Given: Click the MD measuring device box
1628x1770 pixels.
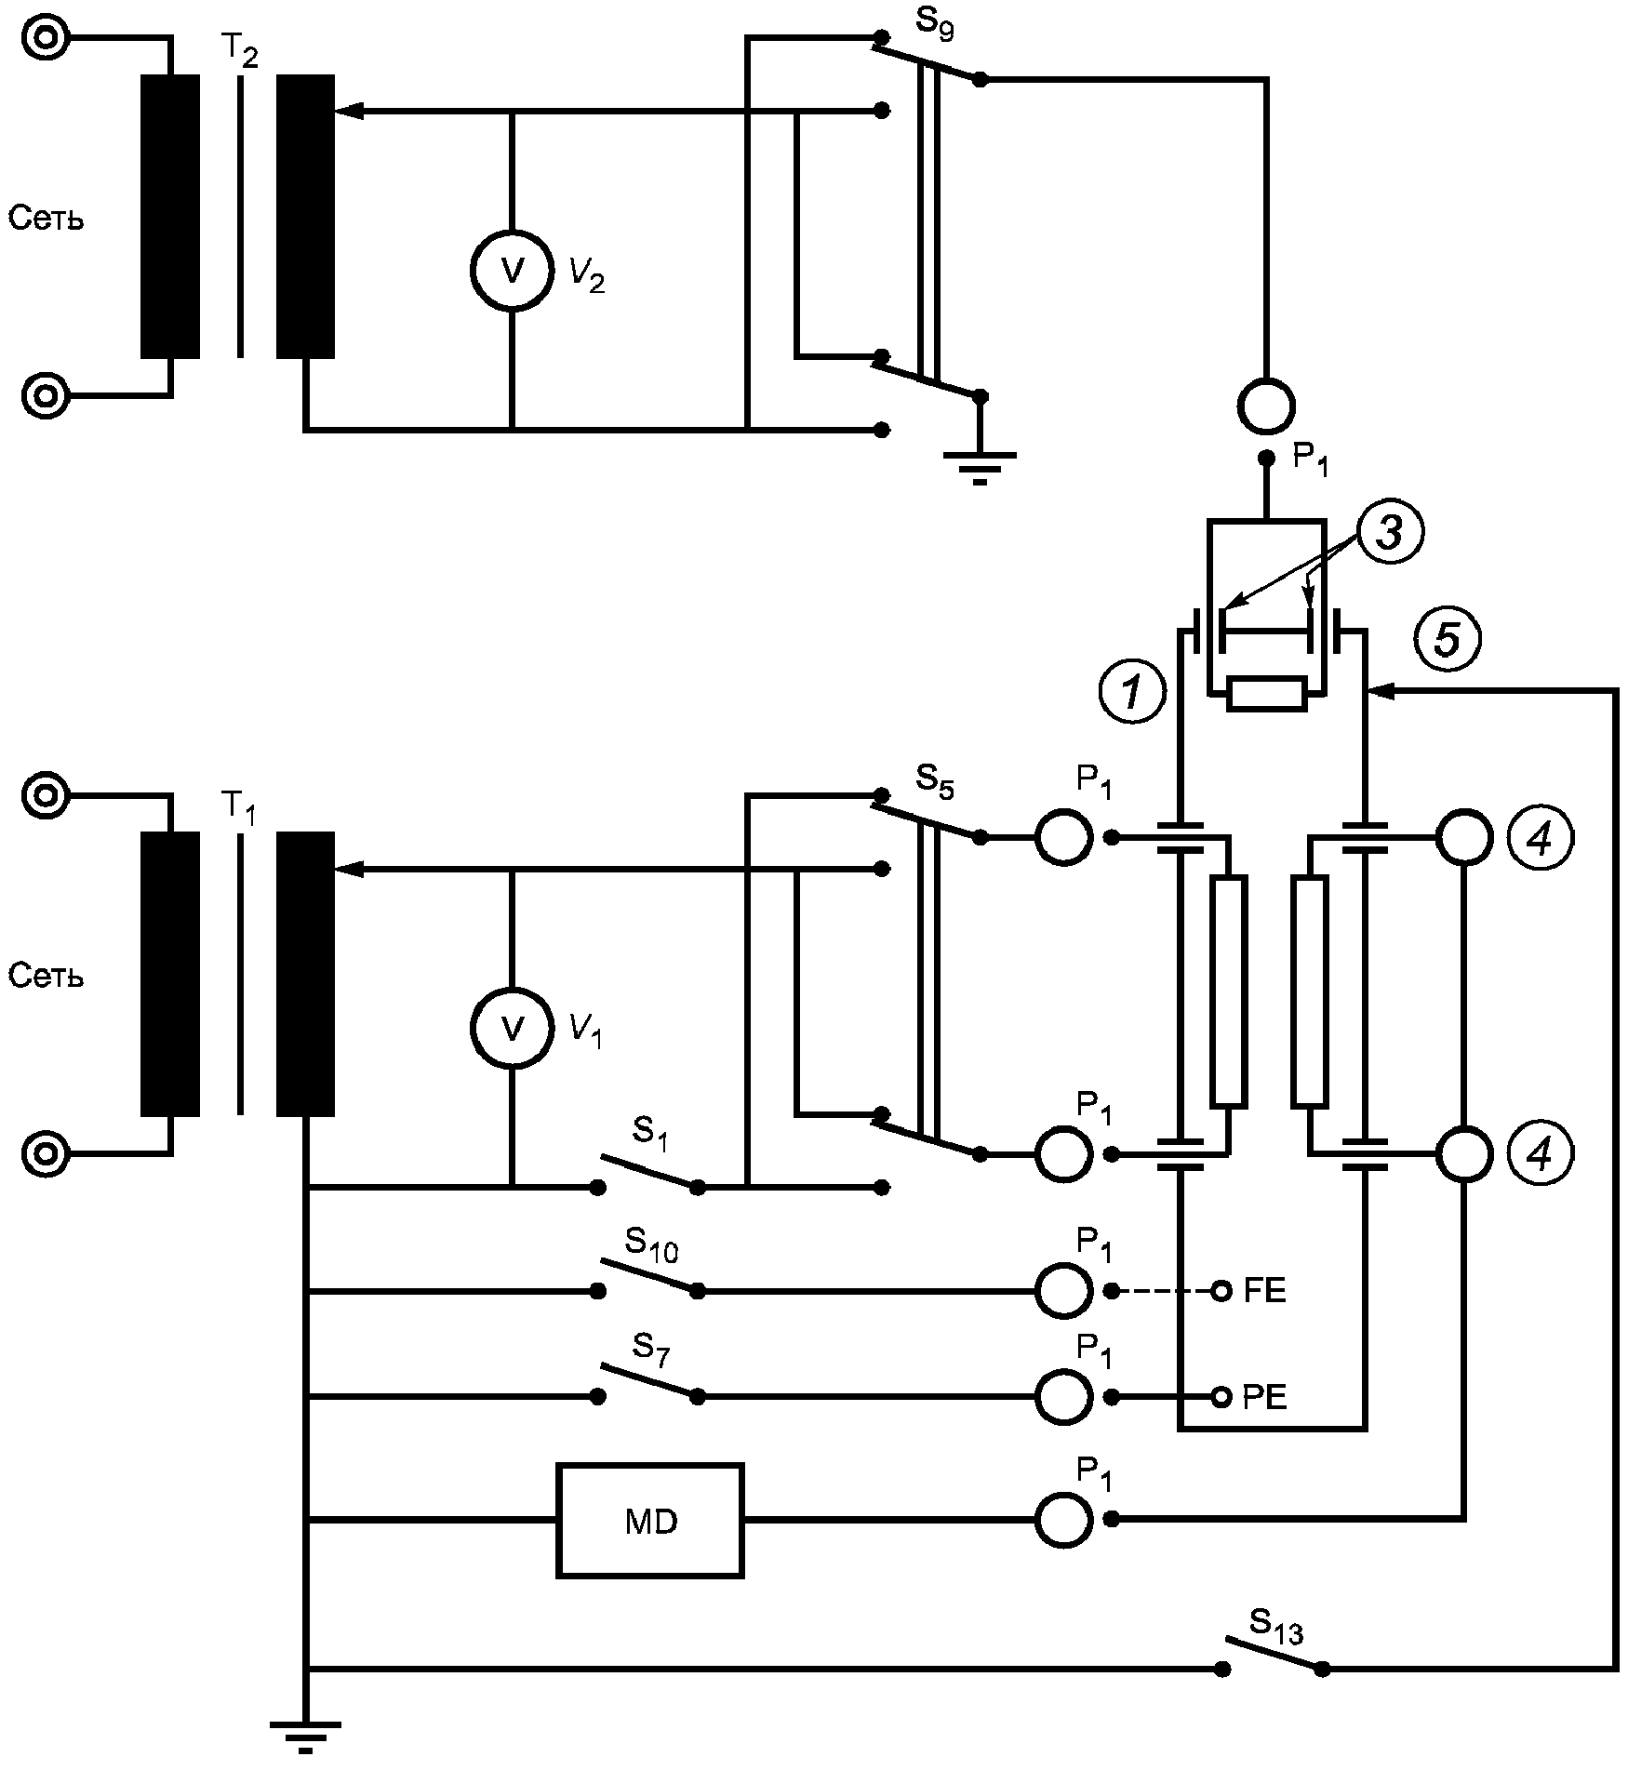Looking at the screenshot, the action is pyautogui.click(x=650, y=1521).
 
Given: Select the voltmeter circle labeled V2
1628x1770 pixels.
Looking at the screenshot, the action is pyautogui.click(x=511, y=270).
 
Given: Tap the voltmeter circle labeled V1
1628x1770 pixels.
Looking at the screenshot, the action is pyautogui.click(x=511, y=1028).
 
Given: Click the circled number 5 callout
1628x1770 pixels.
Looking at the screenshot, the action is pyautogui.click(x=1448, y=640).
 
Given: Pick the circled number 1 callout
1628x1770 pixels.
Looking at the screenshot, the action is pyautogui.click(x=1131, y=692).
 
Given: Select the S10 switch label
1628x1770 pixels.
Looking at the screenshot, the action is pyautogui.click(x=651, y=1244).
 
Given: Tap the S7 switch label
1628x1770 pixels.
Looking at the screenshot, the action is pyautogui.click(x=650, y=1350).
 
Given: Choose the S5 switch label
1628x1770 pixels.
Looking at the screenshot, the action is pyautogui.click(x=934, y=779).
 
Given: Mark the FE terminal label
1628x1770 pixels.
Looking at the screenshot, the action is pyautogui.click(x=1264, y=1291).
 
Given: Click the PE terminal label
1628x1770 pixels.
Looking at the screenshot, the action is pyautogui.click(x=1264, y=1397).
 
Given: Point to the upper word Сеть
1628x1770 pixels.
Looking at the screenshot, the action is pyautogui.click(x=47, y=219).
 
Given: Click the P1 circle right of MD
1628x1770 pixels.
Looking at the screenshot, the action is pyautogui.click(x=1063, y=1520).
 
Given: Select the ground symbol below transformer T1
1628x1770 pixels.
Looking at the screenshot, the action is pyautogui.click(x=305, y=1737).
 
